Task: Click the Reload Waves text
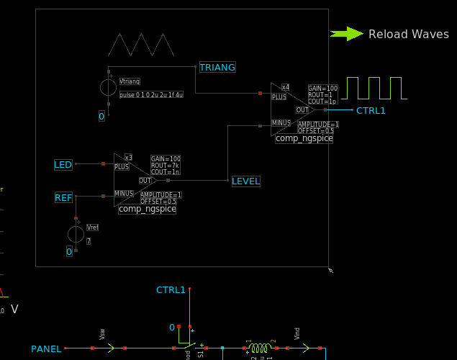[x=408, y=34]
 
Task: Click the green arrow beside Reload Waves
[x=347, y=33]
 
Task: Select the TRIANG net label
[x=217, y=67]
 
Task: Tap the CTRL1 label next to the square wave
[x=371, y=110]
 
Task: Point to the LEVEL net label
[x=245, y=181]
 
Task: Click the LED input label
[x=63, y=165]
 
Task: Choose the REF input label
[x=63, y=197]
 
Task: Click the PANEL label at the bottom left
[x=46, y=349]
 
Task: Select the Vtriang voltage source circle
[x=108, y=88]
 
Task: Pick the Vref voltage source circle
[x=76, y=234]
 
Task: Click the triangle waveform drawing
[x=141, y=45]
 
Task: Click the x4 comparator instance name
[x=285, y=87]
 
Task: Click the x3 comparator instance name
[x=128, y=157]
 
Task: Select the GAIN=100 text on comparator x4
[x=322, y=89]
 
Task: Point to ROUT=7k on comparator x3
[x=164, y=166]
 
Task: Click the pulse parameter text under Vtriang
[x=151, y=94]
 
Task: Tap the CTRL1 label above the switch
[x=171, y=290]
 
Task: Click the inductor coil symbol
[x=259, y=348]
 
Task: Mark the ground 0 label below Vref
[x=69, y=251]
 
